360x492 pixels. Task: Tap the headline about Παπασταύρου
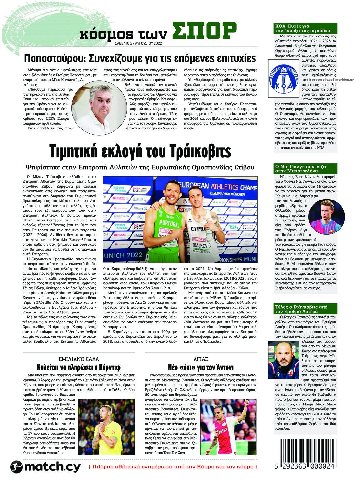click(140, 59)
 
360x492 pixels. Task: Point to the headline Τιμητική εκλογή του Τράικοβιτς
click(140, 151)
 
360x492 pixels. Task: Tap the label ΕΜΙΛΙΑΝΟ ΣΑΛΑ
click(79, 359)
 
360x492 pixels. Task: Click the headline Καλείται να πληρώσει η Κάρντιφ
click(79, 367)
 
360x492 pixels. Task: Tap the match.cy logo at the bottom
click(45, 467)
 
